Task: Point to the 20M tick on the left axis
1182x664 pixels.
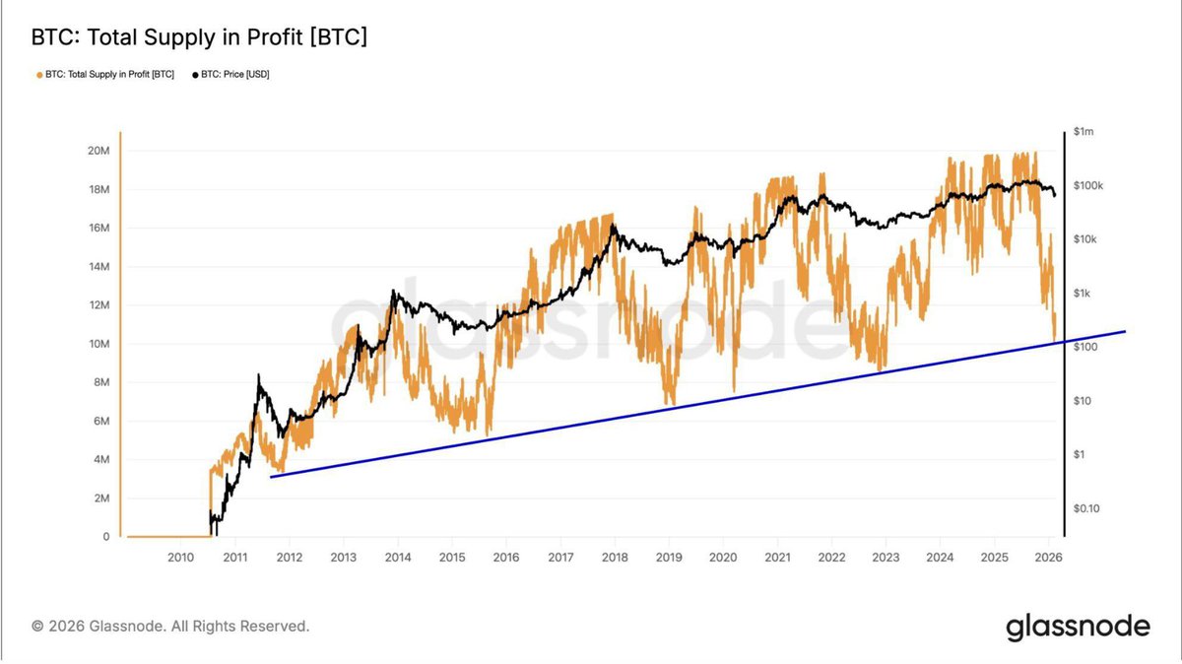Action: pyautogui.click(x=98, y=151)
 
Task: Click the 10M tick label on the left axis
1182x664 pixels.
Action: pyautogui.click(x=98, y=344)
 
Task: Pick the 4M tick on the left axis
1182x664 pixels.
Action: pyautogui.click(x=100, y=460)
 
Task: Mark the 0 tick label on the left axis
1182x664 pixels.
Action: pyautogui.click(x=105, y=537)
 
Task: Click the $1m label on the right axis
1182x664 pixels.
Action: pyautogui.click(x=1084, y=132)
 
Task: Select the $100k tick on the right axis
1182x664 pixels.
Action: pyautogui.click(x=1089, y=185)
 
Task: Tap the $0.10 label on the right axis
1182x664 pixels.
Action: pyautogui.click(x=1087, y=508)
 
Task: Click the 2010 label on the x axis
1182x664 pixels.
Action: pyautogui.click(x=180, y=558)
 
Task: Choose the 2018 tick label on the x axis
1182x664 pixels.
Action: pyautogui.click(x=615, y=558)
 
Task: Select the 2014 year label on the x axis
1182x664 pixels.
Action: pyautogui.click(x=398, y=558)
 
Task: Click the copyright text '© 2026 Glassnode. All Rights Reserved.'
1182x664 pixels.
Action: pyautogui.click(x=170, y=626)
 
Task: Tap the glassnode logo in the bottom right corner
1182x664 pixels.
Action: pyautogui.click(x=1078, y=627)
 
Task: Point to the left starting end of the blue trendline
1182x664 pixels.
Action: pyautogui.click(x=271, y=477)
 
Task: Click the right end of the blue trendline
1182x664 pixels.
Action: pyautogui.click(x=1125, y=332)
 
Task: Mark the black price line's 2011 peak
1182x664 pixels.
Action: pyautogui.click(x=259, y=375)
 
